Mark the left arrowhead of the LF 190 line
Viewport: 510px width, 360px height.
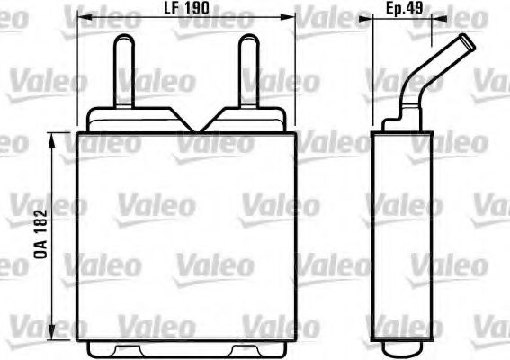click(x=82, y=16)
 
